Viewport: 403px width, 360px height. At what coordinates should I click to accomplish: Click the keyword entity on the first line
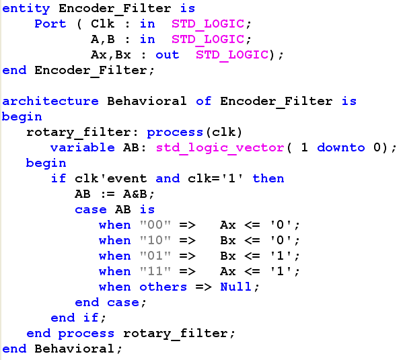pyautogui.click(x=26, y=9)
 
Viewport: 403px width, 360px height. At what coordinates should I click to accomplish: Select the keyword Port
pyautogui.click(x=50, y=24)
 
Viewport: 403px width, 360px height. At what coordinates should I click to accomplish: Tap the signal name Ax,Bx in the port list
pyautogui.click(x=111, y=55)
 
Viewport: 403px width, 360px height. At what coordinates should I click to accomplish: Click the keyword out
pyautogui.click(x=168, y=55)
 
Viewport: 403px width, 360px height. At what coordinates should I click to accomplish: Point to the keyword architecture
pyautogui.click(x=50, y=101)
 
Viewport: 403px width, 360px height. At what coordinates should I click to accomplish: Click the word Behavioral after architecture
pyautogui.click(x=147, y=101)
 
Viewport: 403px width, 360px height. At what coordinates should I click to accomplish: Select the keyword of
pyautogui.click(x=204, y=101)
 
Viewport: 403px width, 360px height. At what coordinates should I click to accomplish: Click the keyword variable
pyautogui.click(x=83, y=147)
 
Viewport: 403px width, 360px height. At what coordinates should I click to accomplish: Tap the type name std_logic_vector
pyautogui.click(x=220, y=148)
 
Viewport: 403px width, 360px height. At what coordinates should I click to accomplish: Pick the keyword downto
pyautogui.click(x=341, y=147)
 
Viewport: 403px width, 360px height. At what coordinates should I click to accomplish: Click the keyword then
pyautogui.click(x=268, y=178)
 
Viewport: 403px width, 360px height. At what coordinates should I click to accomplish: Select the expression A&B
pyautogui.click(x=135, y=194)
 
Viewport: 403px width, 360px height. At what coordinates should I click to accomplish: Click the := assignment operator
pyautogui.click(x=107, y=194)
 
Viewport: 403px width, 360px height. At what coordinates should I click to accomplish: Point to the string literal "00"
pyautogui.click(x=155, y=225)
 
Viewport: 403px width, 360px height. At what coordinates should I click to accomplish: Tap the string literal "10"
pyautogui.click(x=155, y=240)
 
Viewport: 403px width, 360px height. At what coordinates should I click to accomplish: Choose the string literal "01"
pyautogui.click(x=155, y=256)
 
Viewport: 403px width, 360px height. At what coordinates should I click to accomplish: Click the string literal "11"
pyautogui.click(x=155, y=271)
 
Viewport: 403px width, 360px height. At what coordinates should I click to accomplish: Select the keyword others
pyautogui.click(x=163, y=287)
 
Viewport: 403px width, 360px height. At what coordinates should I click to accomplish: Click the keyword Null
pyautogui.click(x=235, y=287)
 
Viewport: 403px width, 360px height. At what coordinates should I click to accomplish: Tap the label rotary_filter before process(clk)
pyautogui.click(x=79, y=133)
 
